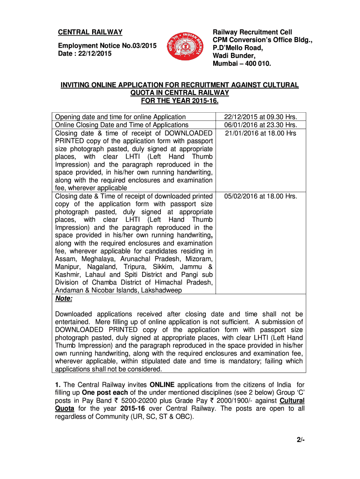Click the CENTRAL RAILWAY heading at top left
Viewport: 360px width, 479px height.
click(x=90, y=32)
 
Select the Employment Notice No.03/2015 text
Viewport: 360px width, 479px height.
click(x=107, y=45)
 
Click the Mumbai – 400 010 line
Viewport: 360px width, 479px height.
click(x=242, y=63)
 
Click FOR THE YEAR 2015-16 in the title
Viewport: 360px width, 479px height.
click(x=180, y=101)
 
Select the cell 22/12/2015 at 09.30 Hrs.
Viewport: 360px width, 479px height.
click(x=261, y=117)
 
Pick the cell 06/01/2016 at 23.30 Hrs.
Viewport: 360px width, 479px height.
click(x=261, y=125)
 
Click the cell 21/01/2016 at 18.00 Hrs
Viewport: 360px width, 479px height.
click(x=261, y=133)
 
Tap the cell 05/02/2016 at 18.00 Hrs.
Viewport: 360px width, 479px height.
click(x=261, y=196)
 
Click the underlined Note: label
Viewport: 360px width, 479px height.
click(x=64, y=298)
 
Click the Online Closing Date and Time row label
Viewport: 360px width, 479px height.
click(x=122, y=125)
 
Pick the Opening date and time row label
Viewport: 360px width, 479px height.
click(x=120, y=117)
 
